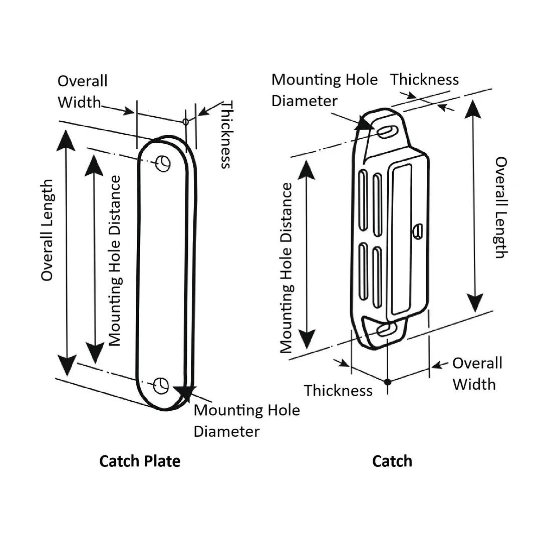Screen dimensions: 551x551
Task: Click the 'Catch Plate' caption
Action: [x=140, y=461]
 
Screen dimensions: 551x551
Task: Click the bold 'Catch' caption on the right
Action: [x=392, y=461]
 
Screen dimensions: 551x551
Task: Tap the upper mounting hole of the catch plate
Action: [x=163, y=162]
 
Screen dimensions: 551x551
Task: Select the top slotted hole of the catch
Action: [x=387, y=131]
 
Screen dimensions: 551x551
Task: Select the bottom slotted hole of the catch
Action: [x=387, y=330]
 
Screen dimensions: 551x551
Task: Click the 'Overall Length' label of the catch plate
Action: [x=48, y=230]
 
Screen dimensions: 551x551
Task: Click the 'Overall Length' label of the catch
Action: [x=501, y=207]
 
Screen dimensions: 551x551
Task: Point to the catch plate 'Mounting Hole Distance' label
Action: [x=115, y=260]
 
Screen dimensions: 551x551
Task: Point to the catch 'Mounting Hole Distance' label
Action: [x=286, y=268]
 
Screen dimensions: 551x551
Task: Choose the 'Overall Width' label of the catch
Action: [x=476, y=374]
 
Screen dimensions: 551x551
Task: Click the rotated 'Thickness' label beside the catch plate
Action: [x=226, y=134]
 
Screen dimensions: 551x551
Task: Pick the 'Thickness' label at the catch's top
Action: [x=424, y=80]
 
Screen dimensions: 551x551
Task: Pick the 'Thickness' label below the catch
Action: [x=338, y=391]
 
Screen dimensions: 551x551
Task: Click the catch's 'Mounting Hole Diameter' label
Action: [x=324, y=90]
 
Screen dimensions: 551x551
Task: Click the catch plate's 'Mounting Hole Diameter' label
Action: [x=246, y=420]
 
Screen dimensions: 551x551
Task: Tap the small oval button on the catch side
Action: [x=418, y=230]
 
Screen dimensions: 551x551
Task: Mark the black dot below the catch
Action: [x=387, y=382]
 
